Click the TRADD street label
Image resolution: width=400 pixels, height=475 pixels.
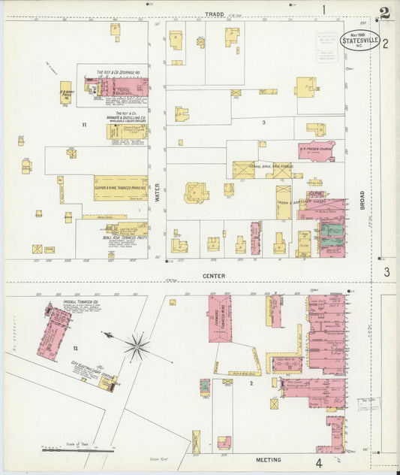pos(215,14)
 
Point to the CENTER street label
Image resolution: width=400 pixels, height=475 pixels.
pos(214,276)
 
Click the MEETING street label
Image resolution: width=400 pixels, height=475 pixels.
pos(269,459)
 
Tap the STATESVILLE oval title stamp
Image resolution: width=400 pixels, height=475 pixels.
pos(359,41)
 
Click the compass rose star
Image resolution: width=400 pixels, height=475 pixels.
pos(137,346)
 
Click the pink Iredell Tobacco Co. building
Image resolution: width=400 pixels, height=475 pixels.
pos(53,331)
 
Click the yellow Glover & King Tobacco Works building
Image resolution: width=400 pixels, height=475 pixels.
pos(120,188)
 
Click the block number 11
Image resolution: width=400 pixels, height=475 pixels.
pos(85,124)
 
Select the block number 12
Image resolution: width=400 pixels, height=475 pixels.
pos(75,349)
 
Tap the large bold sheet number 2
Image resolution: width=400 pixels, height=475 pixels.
pos(385,14)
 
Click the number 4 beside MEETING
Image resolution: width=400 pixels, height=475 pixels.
pos(319,462)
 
